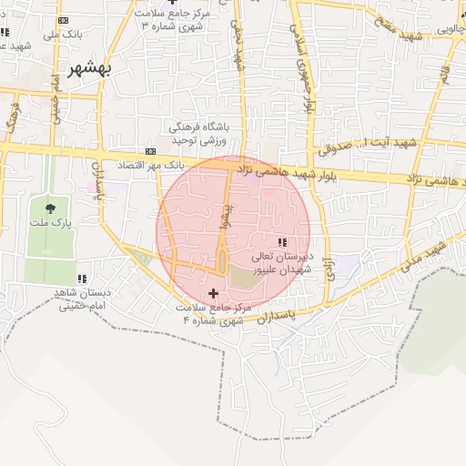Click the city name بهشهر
tap(92, 68)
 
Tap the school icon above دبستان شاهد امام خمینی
tap(82, 279)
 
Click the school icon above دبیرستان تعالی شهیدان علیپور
tap(281, 241)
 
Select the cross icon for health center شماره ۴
tap(213, 293)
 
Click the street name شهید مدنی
tap(427, 250)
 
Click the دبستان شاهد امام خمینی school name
tap(83, 299)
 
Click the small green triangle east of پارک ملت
tap(141, 256)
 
